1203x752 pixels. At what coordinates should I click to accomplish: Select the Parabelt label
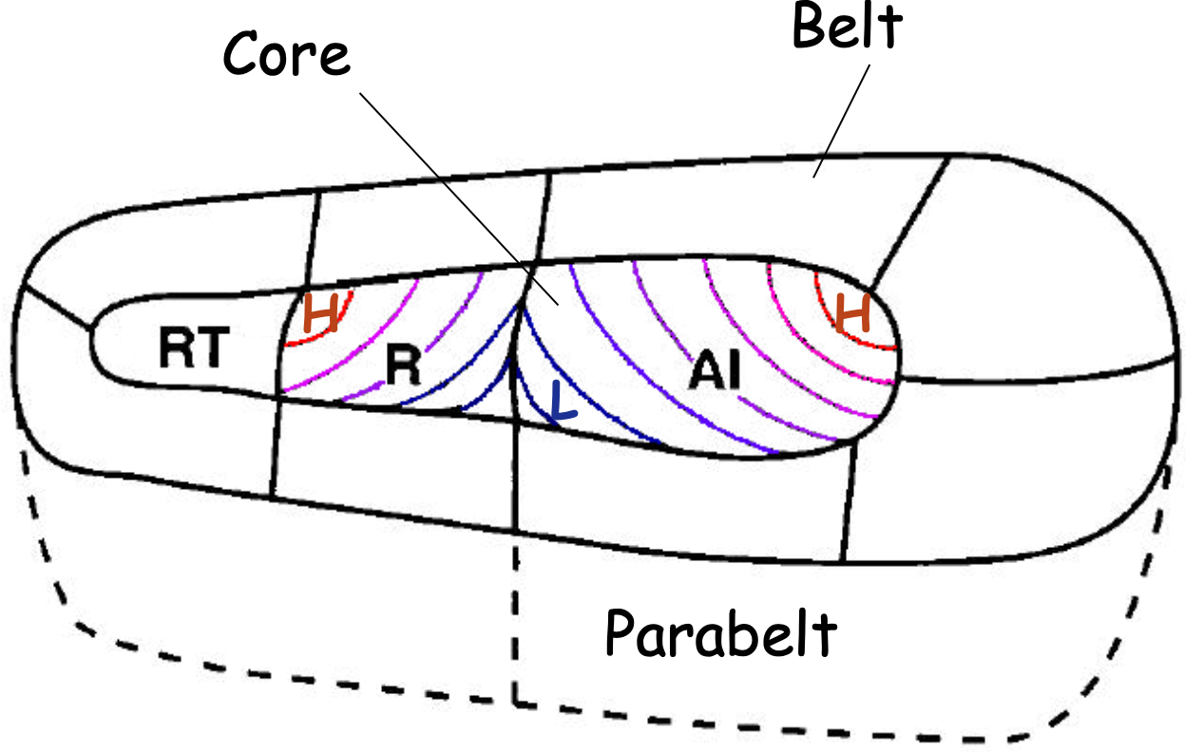pyautogui.click(x=721, y=633)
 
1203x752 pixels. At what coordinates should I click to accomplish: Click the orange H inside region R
pyautogui.click(x=321, y=313)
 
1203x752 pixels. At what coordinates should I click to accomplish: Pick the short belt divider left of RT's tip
pyautogui.click(x=57, y=308)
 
